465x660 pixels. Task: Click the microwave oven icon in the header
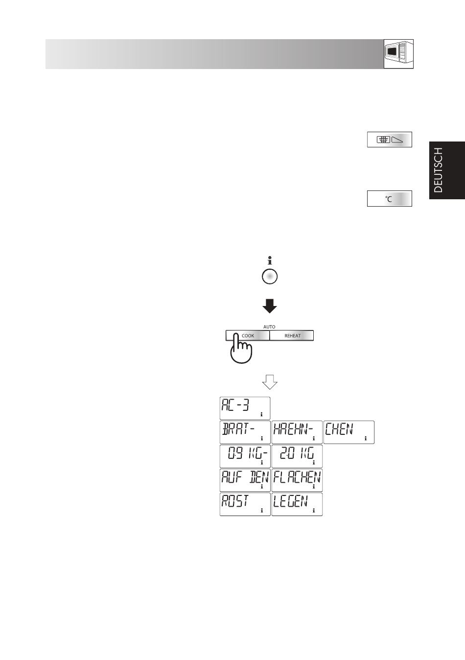click(x=398, y=54)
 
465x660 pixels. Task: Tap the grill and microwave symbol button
click(x=389, y=140)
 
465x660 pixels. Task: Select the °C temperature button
click(x=389, y=199)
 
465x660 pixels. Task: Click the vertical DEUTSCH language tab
click(x=447, y=170)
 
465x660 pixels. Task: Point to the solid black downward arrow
click(x=270, y=306)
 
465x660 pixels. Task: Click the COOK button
click(x=248, y=335)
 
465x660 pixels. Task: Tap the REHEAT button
click(x=292, y=335)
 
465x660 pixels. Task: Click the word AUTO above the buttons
click(x=269, y=327)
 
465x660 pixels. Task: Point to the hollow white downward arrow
click(x=270, y=382)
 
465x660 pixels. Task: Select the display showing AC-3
click(x=245, y=408)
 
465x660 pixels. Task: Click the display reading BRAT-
click(x=245, y=432)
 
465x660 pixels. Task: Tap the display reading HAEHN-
click(x=297, y=432)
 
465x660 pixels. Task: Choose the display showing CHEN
click(x=349, y=432)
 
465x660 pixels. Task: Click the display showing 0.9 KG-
click(x=245, y=456)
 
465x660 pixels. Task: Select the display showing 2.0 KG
click(x=297, y=456)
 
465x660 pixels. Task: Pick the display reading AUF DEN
click(x=245, y=480)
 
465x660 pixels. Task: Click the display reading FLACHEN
click(x=297, y=480)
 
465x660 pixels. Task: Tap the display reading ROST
click(x=245, y=504)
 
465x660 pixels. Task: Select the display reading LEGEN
click(x=297, y=504)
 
